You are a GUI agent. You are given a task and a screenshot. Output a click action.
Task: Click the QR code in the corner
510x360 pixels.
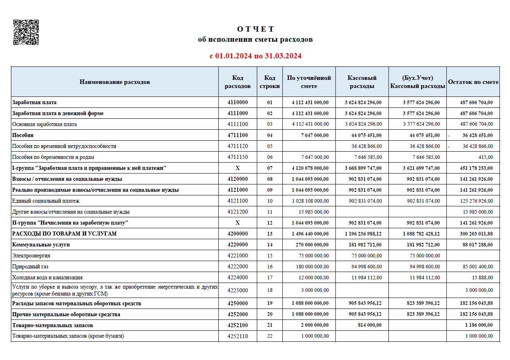26,32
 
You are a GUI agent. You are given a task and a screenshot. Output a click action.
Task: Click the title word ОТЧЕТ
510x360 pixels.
255,29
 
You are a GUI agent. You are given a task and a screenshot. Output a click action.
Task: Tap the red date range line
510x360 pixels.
255,56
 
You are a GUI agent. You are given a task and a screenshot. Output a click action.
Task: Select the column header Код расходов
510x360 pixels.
237,82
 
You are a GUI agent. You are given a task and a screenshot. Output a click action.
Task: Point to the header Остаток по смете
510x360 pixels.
473,82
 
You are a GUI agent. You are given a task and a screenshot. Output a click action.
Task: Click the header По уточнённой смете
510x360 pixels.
309,82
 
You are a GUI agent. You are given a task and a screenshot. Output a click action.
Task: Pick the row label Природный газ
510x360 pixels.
31,267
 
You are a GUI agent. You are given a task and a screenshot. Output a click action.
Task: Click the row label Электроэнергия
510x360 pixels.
31,256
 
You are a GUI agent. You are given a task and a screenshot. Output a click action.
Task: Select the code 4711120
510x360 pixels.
237,146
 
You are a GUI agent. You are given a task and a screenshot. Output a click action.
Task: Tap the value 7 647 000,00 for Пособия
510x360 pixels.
314,135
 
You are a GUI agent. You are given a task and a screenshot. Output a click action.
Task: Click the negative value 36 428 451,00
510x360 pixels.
477,135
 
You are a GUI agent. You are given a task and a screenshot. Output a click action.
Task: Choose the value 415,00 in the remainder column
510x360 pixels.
485,157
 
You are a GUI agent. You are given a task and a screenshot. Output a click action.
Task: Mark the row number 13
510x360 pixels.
270,234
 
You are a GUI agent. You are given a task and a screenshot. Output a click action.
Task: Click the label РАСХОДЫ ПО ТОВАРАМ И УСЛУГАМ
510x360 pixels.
64,234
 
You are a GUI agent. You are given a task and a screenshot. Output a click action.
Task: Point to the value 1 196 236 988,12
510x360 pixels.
363,234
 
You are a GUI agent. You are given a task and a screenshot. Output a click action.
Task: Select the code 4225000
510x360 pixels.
237,290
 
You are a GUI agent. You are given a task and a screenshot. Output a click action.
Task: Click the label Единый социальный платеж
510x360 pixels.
46,201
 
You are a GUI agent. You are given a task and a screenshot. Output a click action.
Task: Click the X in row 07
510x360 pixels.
237,168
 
